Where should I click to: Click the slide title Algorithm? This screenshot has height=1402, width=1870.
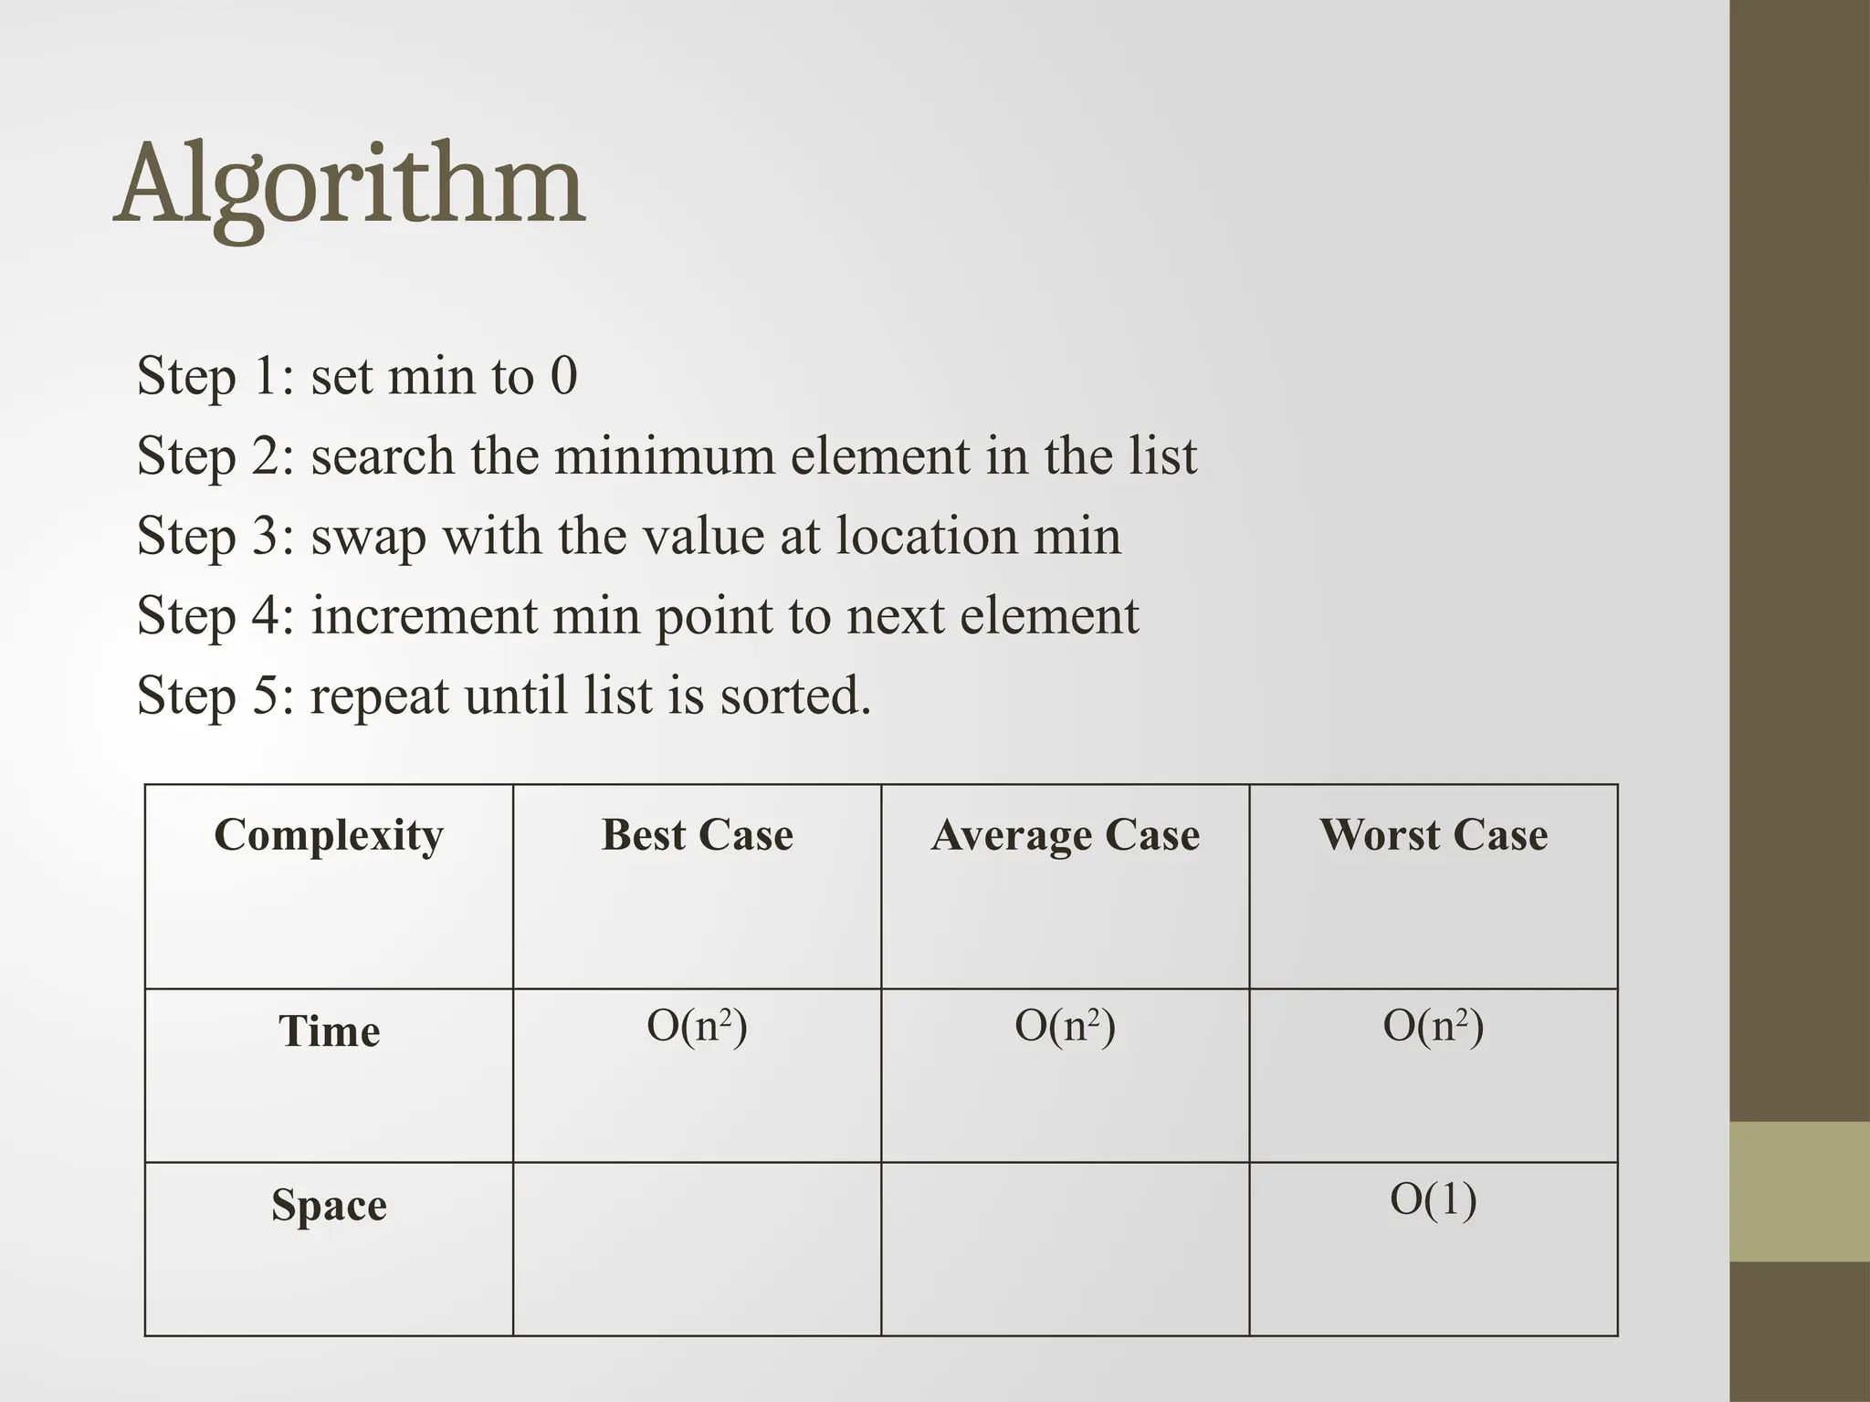(349, 185)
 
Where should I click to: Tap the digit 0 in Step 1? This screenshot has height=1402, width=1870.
(563, 375)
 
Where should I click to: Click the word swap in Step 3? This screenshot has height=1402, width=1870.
(368, 537)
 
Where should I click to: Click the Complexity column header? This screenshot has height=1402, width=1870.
(329, 834)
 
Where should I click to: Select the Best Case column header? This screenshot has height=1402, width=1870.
(697, 834)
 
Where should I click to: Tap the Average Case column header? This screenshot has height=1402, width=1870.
(1065, 834)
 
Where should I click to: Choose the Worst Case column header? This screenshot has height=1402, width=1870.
(1433, 834)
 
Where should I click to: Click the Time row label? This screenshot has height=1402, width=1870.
(329, 1031)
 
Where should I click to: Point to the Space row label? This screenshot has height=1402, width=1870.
(329, 1205)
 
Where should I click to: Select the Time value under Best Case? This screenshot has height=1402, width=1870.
(697, 1026)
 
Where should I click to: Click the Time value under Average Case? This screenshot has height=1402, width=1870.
(1065, 1026)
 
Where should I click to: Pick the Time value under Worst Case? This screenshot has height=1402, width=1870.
(1433, 1026)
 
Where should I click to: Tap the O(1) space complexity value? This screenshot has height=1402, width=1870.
(1433, 1199)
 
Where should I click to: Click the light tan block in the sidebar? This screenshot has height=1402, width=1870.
(1800, 1191)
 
